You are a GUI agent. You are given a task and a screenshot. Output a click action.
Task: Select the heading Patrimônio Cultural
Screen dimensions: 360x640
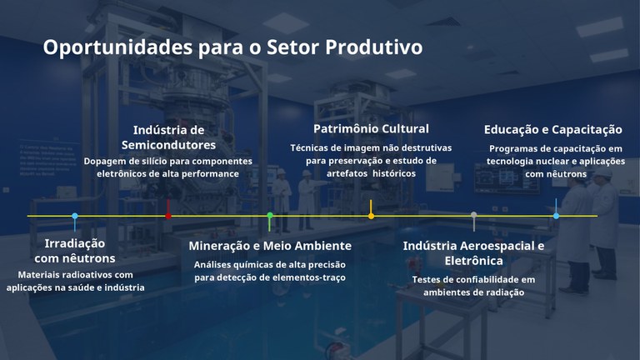371,128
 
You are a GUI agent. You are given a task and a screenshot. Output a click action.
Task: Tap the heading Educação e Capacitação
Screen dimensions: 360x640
553,129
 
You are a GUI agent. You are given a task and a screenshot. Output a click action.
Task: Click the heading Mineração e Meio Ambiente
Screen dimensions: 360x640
270,246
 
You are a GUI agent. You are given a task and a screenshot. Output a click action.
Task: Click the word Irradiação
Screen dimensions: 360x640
75,243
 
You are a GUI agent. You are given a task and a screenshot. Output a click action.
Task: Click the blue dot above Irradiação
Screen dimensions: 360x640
75,216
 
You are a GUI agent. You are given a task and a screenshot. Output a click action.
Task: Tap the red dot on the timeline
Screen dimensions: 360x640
168,216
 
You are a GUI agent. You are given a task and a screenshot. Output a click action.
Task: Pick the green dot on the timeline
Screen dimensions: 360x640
270,216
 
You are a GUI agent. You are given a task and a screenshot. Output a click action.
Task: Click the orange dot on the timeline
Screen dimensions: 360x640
371,216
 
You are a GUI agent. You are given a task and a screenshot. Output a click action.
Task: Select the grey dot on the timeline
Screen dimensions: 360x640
473,216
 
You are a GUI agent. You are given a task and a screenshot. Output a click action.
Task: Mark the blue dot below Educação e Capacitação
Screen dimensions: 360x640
556,216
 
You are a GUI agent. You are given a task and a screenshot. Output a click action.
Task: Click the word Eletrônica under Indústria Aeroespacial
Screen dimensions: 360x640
473,261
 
